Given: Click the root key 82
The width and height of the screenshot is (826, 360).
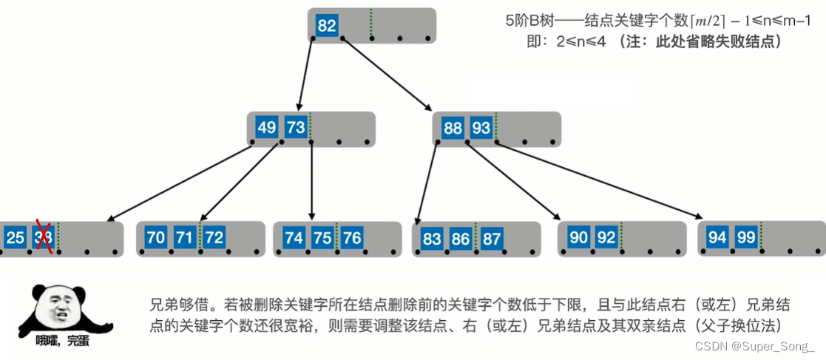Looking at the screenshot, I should coord(327,26).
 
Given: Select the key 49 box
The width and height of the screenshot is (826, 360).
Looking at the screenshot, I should coord(266,127).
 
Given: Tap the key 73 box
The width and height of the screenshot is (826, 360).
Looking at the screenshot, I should coord(295,127).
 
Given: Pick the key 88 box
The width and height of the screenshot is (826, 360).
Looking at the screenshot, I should coord(453,128).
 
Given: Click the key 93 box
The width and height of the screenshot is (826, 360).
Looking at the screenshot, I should coord(481,128).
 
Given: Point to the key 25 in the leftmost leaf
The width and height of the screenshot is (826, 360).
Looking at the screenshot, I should coord(15,237).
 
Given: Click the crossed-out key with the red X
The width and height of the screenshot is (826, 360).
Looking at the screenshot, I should coord(43,237).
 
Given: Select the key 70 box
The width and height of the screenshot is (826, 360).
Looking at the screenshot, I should coord(156,237).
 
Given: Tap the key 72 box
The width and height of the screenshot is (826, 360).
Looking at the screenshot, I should coord(214,237).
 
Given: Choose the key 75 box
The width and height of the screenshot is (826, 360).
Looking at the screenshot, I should coord(322,237).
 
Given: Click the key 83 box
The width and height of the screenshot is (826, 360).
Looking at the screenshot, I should coord(432,239).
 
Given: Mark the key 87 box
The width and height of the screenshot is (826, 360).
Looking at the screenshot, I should coord(490,239).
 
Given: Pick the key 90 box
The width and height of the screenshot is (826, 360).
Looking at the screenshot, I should coord(579,237).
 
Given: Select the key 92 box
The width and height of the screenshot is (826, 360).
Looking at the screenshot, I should coord(606,237).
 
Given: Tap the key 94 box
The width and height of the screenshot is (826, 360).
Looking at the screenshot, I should coord(717,237).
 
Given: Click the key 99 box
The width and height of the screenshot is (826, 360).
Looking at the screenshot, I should coord(745,237).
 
